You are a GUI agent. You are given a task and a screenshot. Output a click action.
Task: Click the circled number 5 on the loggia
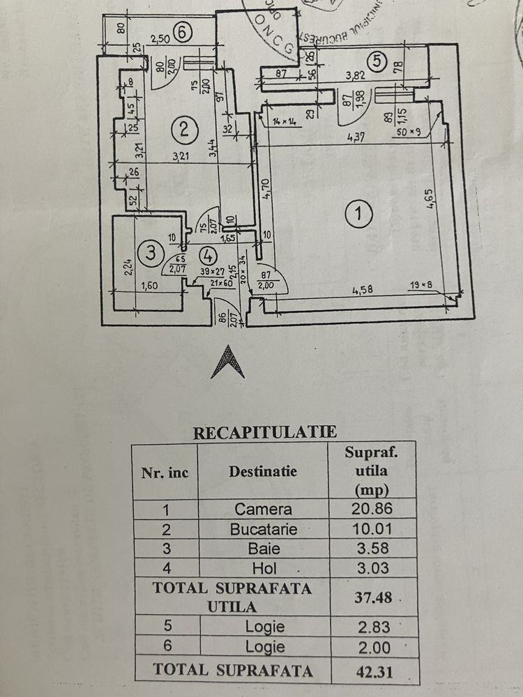coord(377,61)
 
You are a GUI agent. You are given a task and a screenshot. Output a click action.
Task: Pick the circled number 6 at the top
coord(183,31)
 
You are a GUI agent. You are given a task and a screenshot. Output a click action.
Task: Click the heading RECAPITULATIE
coord(265,433)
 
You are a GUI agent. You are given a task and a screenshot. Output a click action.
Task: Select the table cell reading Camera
coord(263,510)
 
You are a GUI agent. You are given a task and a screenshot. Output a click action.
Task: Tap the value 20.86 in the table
coord(372,510)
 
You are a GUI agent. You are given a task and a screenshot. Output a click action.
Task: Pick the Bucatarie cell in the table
coord(263,529)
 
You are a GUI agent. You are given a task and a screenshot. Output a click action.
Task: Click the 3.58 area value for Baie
coord(372,549)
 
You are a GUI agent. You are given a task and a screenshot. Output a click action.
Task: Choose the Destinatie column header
coord(263,471)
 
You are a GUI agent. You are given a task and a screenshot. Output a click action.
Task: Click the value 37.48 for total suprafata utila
coord(372,597)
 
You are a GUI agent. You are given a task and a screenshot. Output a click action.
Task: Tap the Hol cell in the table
coord(263,568)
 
